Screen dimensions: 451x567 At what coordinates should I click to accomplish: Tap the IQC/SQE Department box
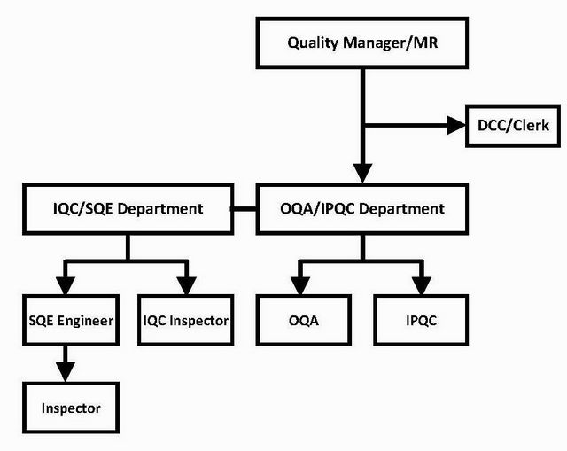coord(128,209)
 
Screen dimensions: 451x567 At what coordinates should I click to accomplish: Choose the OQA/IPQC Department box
coord(361,209)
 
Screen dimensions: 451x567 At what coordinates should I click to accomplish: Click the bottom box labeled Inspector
coord(70,408)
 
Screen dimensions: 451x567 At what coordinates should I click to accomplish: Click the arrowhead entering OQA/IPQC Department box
coord(361,174)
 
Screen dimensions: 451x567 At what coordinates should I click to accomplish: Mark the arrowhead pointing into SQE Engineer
coord(64,285)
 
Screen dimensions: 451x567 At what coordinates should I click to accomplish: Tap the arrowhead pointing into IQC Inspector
coord(186,285)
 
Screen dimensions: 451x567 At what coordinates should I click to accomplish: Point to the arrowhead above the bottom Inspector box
coord(64,373)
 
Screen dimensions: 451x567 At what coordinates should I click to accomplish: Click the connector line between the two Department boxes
coord(245,209)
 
